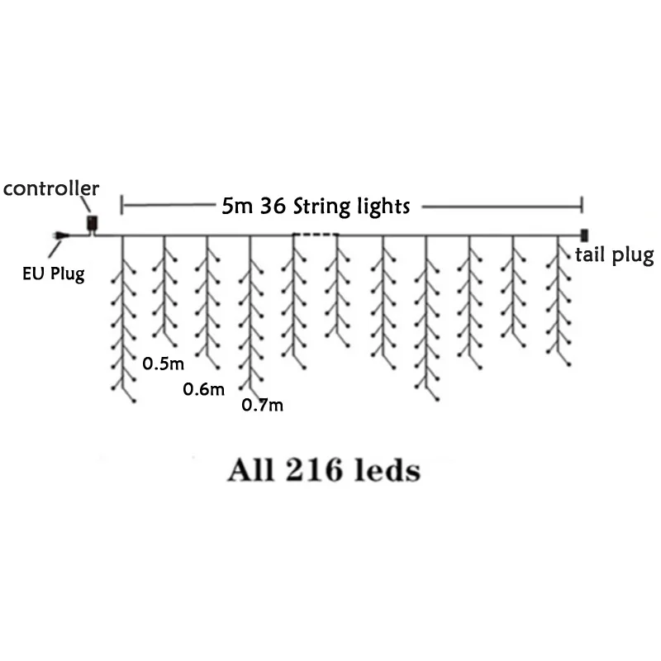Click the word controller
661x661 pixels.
[x=51, y=188]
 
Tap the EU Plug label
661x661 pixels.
[x=54, y=273]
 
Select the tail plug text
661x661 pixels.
[x=614, y=255]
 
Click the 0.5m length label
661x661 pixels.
[x=162, y=363]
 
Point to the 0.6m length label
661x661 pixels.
[x=204, y=388]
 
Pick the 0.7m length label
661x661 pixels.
[x=263, y=405]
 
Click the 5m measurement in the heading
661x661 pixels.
[x=238, y=206]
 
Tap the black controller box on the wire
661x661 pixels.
[x=93, y=224]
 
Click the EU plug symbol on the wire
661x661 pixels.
[x=57, y=238]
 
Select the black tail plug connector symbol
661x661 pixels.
[x=585, y=234]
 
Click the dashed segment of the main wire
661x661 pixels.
[x=315, y=235]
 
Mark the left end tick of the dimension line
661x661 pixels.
[x=122, y=205]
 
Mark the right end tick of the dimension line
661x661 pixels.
[x=583, y=205]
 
